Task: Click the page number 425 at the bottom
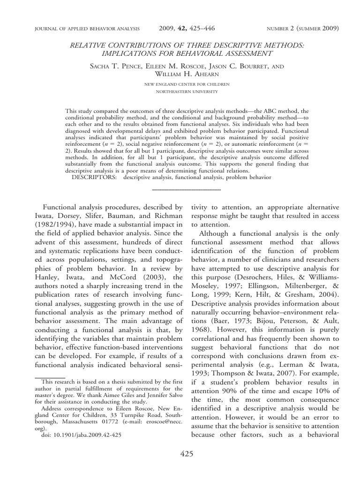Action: pos(186,454)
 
